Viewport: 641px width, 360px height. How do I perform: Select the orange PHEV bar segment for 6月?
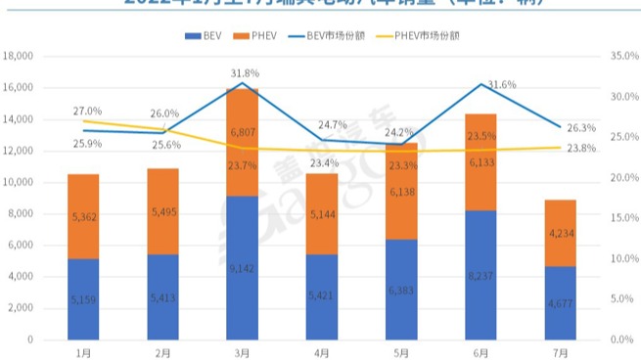(481, 162)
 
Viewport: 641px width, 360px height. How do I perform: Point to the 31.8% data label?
(245, 73)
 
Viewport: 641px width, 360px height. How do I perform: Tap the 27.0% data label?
(87, 112)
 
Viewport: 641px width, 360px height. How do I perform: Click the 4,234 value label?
(560, 234)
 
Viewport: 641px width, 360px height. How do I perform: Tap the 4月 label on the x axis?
(322, 351)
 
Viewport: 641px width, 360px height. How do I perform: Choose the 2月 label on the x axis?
(162, 351)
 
